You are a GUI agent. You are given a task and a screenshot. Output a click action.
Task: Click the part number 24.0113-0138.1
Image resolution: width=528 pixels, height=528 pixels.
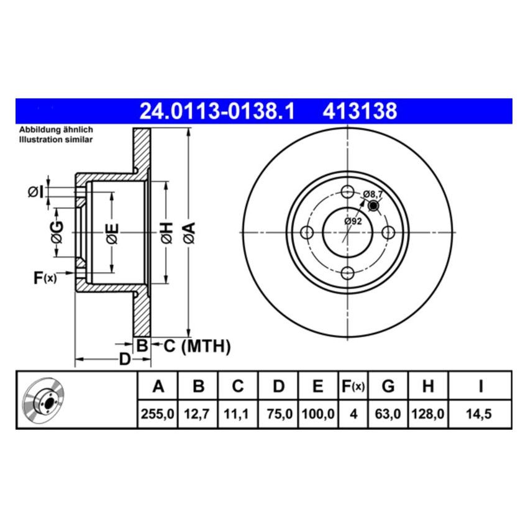click(x=218, y=112)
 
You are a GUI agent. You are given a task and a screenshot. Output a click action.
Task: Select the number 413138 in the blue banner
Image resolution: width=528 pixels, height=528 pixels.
click(x=359, y=112)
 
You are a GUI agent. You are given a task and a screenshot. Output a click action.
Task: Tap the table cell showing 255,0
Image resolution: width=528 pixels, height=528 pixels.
click(x=158, y=414)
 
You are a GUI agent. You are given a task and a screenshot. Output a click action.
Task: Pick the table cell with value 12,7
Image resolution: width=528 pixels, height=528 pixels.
click(x=198, y=414)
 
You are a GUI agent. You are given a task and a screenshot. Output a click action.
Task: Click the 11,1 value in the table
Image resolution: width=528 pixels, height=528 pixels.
click(x=237, y=414)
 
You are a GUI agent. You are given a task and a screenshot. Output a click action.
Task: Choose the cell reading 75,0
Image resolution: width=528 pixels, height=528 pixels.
click(x=278, y=414)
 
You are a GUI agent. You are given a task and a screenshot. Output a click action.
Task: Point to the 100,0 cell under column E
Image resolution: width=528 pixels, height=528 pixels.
click(x=318, y=414)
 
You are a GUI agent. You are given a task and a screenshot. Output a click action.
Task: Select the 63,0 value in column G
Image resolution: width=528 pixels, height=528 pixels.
click(x=388, y=414)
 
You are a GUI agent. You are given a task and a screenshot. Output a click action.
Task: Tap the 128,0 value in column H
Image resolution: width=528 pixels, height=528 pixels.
click(x=427, y=414)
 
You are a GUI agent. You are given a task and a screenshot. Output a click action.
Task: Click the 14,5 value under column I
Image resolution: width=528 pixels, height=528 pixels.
click(x=480, y=414)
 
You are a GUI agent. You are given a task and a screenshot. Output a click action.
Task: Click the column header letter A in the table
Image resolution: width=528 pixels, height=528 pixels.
click(x=158, y=387)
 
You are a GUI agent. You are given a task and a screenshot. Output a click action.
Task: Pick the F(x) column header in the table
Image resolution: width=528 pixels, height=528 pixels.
click(x=353, y=387)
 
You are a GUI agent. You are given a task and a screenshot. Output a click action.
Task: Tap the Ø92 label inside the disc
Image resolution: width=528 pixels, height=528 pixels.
click(x=353, y=221)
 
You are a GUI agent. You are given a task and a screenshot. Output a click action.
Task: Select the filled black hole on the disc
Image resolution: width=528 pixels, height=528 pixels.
click(x=373, y=206)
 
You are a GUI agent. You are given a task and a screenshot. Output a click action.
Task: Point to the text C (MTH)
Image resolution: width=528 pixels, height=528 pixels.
click(x=197, y=346)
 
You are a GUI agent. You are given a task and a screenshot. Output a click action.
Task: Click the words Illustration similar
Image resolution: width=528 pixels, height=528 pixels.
click(x=56, y=140)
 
